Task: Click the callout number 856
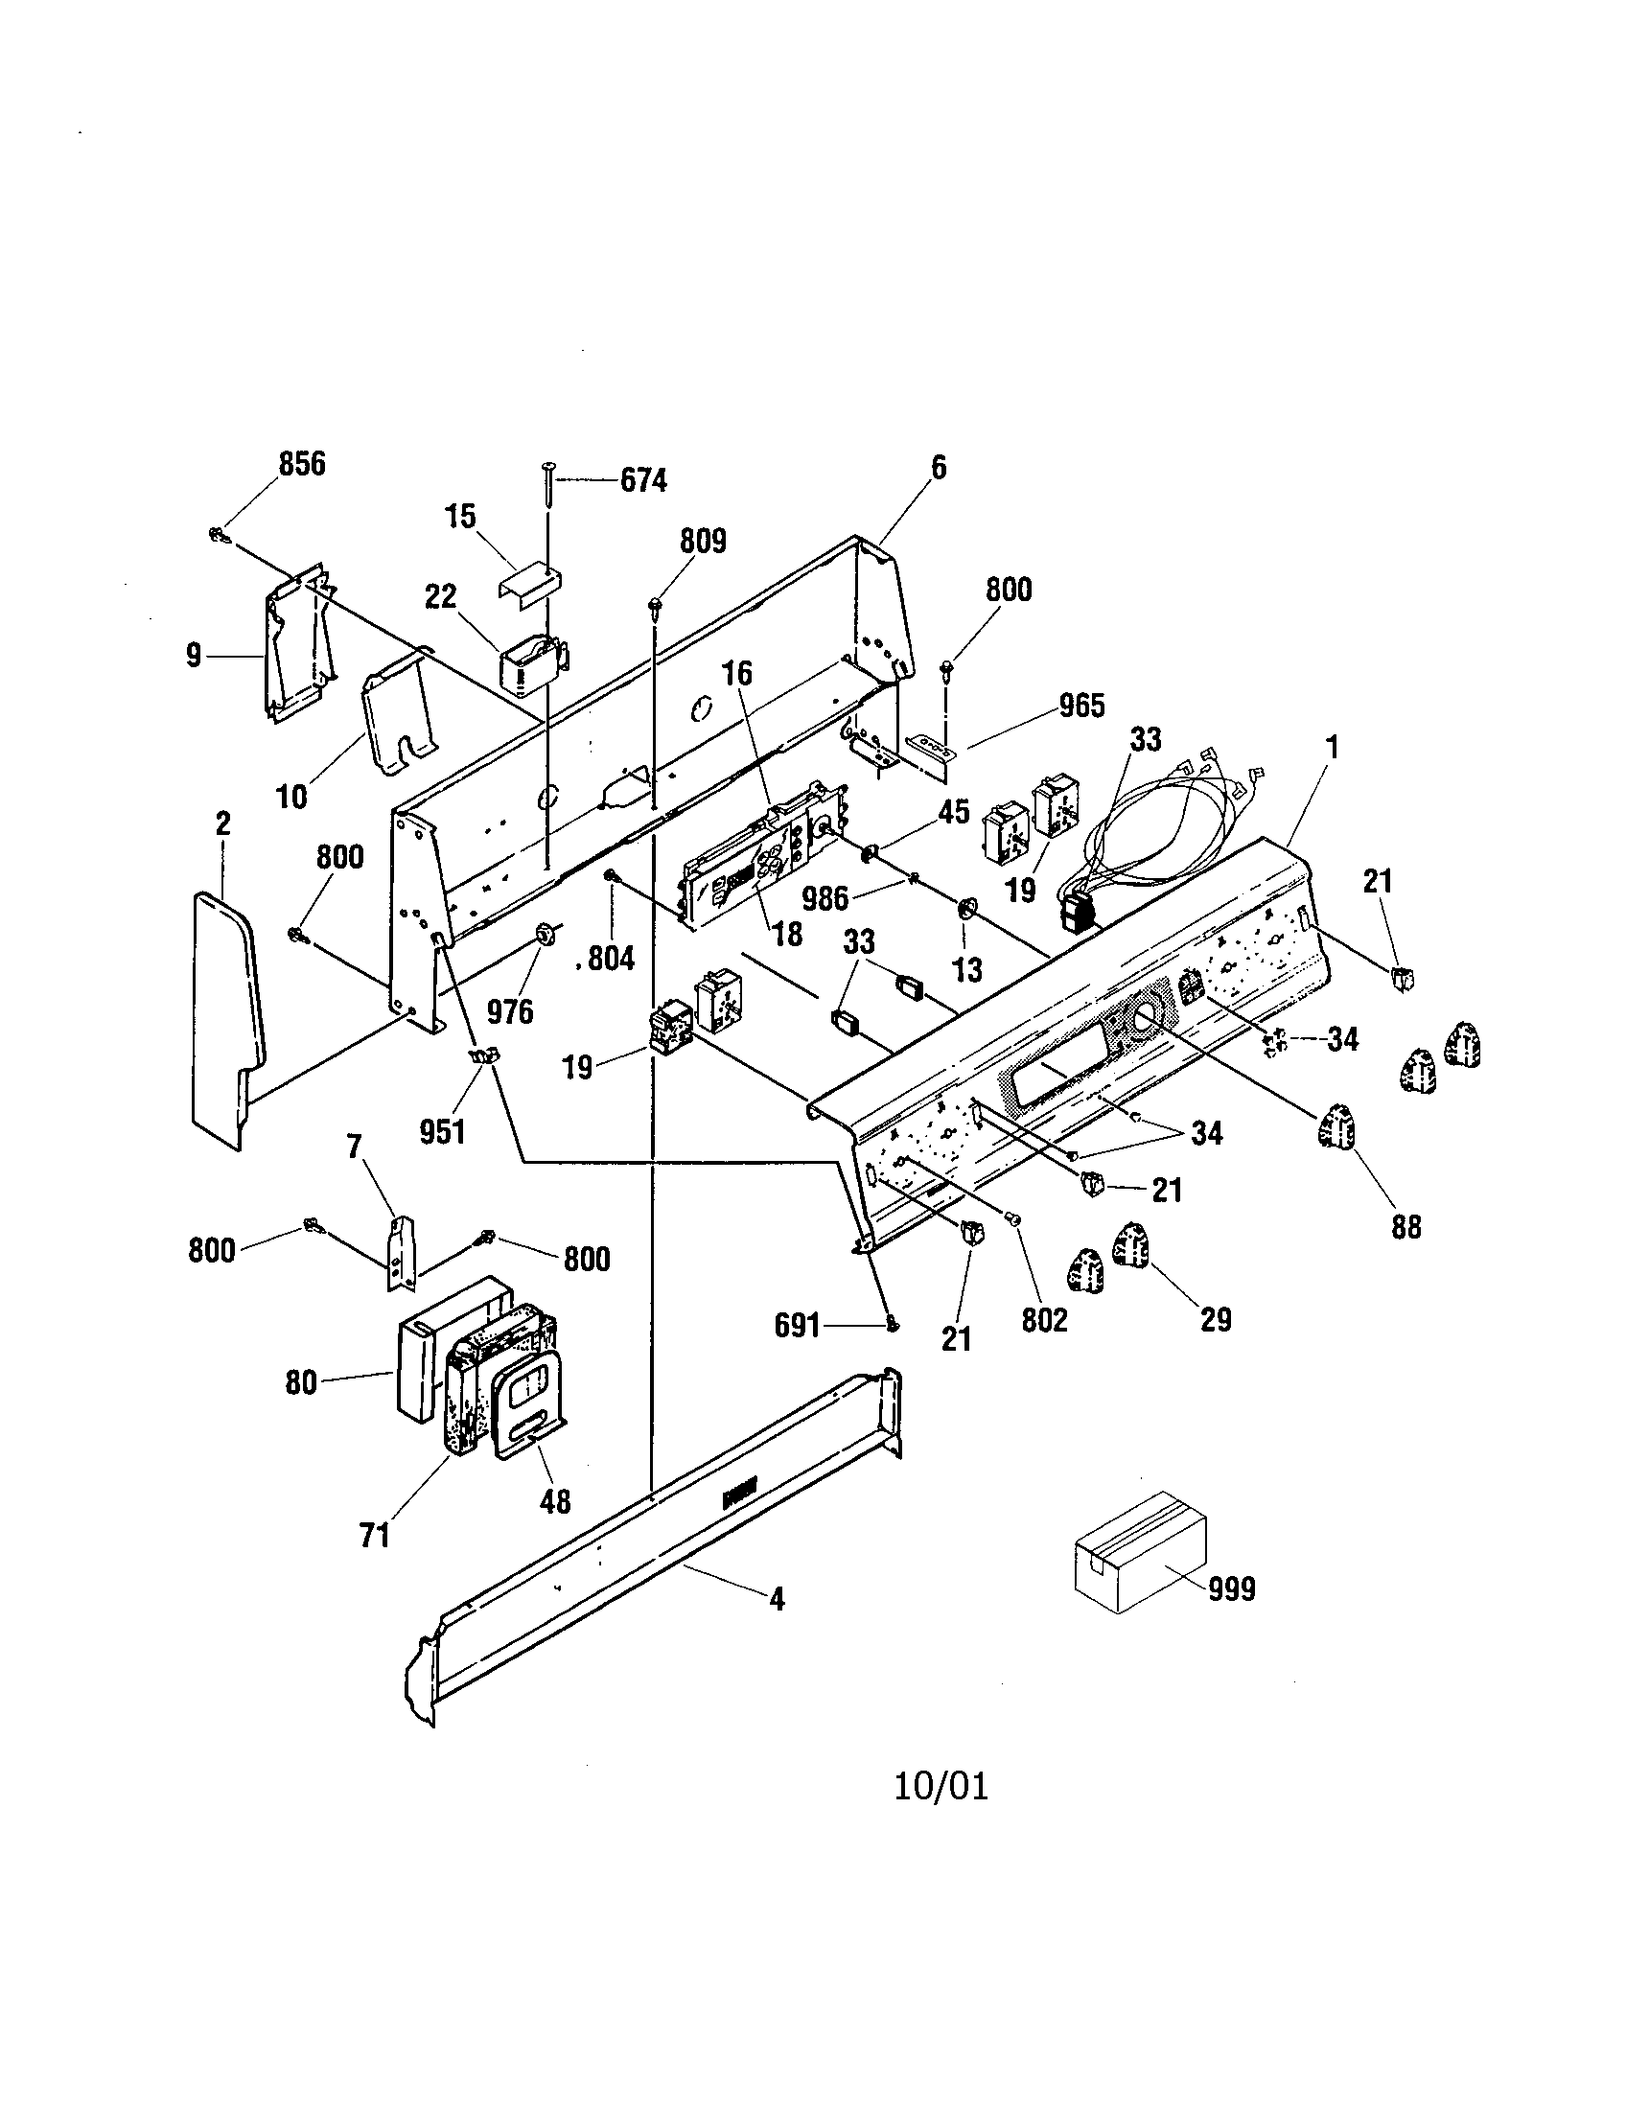coord(302,465)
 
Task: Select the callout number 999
coord(1231,1588)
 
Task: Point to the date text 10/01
coord(941,1787)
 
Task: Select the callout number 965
coord(1080,706)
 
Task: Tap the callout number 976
coord(509,1011)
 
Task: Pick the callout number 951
coord(442,1131)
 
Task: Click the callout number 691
coord(797,1326)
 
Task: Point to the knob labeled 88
coord(1336,1125)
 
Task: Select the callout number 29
coord(1215,1319)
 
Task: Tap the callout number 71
coord(374,1535)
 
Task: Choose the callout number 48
coord(554,1500)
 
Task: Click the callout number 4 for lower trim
coord(777,1601)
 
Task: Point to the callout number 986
coord(825,898)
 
